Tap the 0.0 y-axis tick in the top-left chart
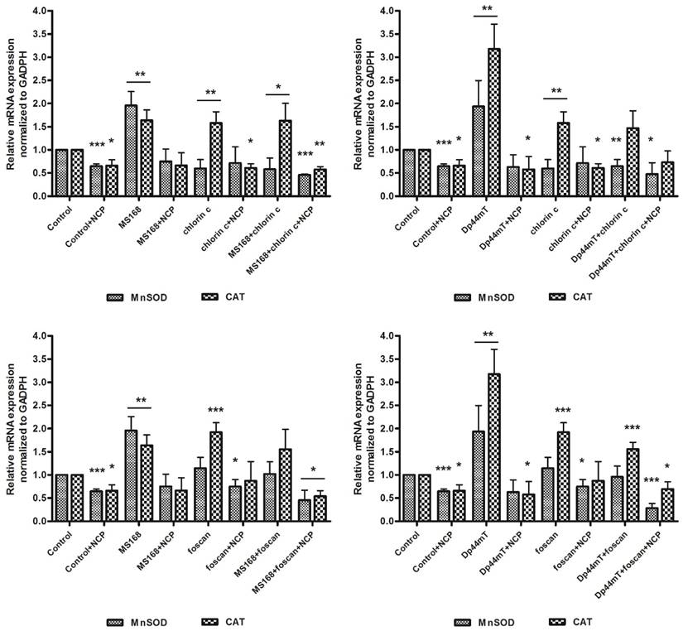pos(28,197)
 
